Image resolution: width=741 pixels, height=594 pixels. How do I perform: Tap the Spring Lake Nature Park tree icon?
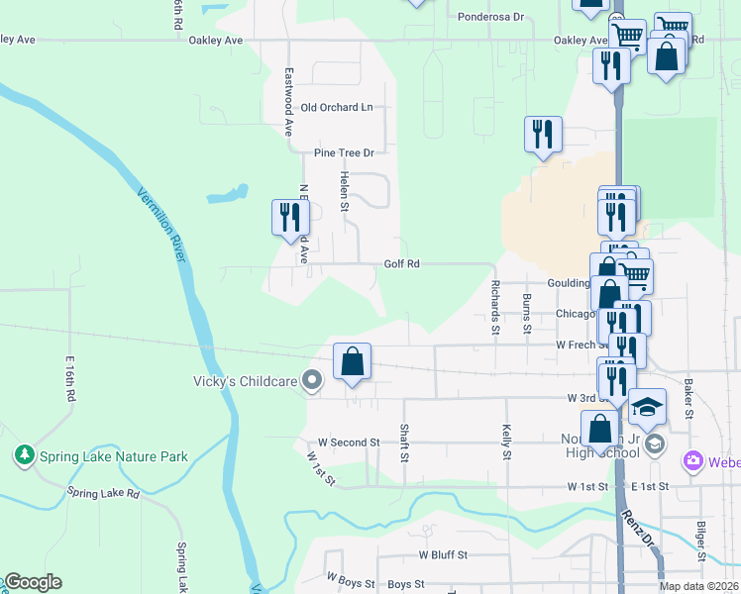(23, 455)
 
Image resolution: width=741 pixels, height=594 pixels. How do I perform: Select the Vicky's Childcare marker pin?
(312, 380)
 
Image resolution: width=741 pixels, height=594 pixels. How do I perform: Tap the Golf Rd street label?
(402, 264)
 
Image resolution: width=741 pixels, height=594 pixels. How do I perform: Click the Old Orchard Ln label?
(337, 107)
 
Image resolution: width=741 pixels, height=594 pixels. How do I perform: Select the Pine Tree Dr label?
(344, 152)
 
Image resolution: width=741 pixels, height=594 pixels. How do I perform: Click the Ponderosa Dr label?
(490, 17)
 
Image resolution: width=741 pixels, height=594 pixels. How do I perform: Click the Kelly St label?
(506, 442)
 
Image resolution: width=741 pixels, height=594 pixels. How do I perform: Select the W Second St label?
(349, 443)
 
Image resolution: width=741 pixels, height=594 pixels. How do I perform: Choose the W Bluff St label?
(442, 556)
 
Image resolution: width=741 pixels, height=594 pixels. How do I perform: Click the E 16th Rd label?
(70, 377)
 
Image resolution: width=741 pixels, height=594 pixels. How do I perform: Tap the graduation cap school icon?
(647, 407)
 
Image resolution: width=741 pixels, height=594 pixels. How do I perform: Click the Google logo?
(33, 582)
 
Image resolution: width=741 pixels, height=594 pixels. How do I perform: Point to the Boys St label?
(406, 585)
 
